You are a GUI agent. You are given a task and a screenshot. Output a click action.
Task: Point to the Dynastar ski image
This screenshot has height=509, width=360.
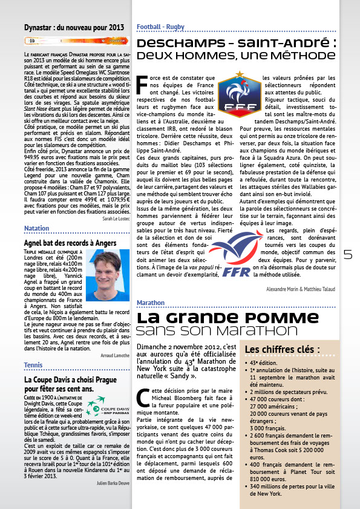click(77, 41)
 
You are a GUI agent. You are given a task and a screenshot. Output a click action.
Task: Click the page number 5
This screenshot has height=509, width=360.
click(348, 255)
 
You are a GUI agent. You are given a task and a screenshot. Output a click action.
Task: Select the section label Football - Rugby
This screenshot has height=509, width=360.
click(160, 27)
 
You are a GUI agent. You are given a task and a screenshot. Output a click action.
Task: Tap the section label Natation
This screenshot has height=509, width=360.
click(36, 228)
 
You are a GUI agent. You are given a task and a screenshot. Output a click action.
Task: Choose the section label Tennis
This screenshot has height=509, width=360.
click(33, 365)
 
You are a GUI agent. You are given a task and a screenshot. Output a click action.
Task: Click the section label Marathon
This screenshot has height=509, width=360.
click(151, 302)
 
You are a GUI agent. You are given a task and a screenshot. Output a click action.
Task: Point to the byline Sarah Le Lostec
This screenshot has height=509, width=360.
click(116, 219)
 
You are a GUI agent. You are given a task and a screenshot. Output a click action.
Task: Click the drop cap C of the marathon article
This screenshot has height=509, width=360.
click(143, 397)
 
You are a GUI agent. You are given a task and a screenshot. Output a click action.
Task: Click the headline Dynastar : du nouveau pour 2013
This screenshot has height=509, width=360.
click(74, 27)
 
